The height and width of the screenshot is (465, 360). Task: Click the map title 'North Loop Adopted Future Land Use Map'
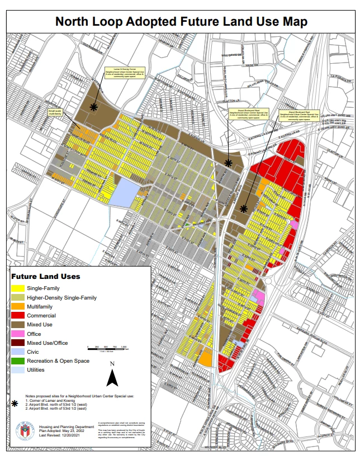[x=181, y=22]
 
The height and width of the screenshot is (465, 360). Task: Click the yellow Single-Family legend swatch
[x=21, y=288]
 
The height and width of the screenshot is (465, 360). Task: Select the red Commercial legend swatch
[x=21, y=315]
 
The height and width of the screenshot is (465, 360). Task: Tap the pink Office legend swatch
[x=21, y=334]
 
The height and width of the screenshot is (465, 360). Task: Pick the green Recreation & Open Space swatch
[x=21, y=361]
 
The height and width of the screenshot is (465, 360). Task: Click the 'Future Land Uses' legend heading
[x=46, y=276]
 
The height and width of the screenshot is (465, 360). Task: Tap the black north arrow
[x=112, y=378]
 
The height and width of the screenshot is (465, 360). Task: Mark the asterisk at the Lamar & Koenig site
[x=93, y=106]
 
